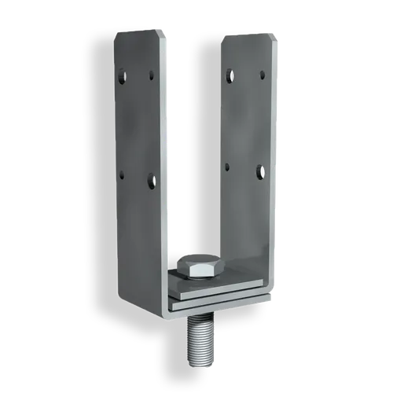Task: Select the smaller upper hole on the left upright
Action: pyautogui.click(x=150, y=77)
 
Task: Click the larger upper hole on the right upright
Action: pyautogui.click(x=229, y=75)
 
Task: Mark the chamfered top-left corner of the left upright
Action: pyautogui.click(x=117, y=35)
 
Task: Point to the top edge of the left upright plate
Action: pyautogui.click(x=141, y=30)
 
